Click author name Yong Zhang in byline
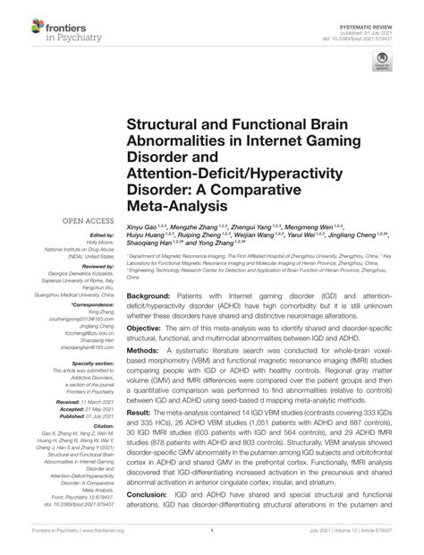click(x=219, y=243)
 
